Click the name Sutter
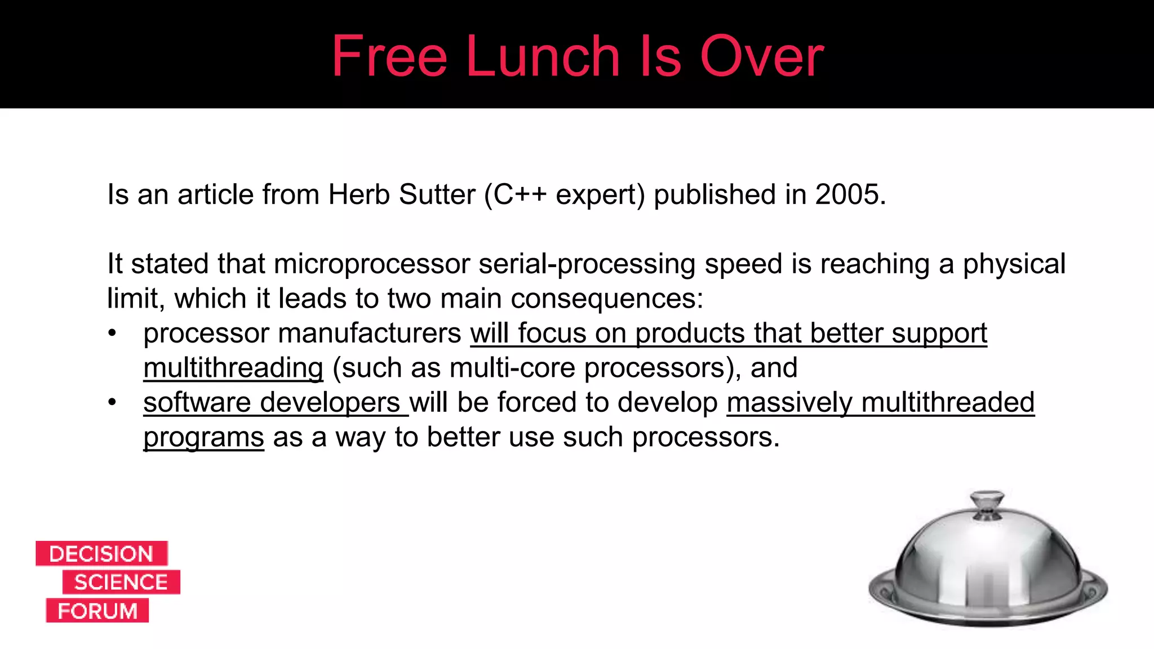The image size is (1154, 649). coord(437,194)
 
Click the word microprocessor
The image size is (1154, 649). coord(372,264)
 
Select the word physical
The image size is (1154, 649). coord(1014,264)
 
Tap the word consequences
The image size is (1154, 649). coord(606,298)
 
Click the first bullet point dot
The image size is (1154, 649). coord(113,333)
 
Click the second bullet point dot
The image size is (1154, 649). coord(113,402)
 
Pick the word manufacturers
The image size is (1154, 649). coord(370,333)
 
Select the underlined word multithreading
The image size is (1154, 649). coord(233,368)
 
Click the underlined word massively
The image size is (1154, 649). coord(789,402)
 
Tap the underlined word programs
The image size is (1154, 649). coord(203,437)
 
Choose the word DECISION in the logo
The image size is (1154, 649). coord(101,554)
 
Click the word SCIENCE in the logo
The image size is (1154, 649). coord(121,582)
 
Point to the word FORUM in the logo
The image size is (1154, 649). coord(97,611)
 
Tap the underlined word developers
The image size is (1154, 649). coord(330,402)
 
